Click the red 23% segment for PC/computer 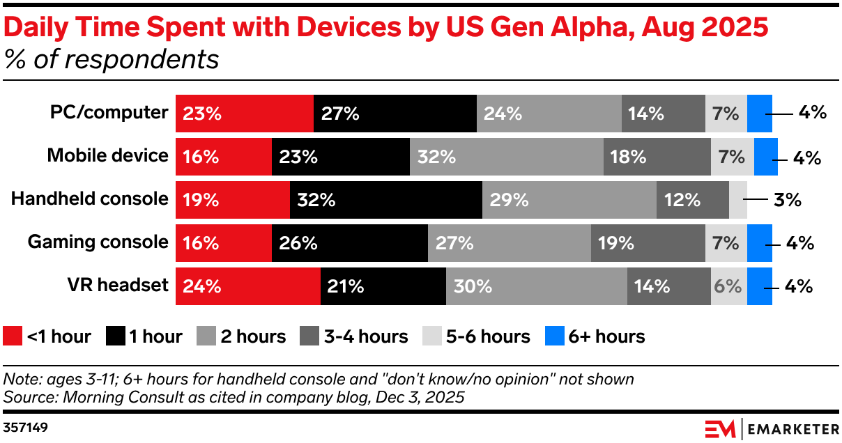(x=244, y=114)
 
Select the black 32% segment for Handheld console (x=385, y=200)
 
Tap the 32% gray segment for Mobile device (x=506, y=157)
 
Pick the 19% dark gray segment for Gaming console (x=648, y=243)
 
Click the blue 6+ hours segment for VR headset (x=759, y=286)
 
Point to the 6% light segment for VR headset (x=728, y=286)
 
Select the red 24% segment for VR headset (x=247, y=286)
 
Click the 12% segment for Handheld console (x=692, y=200)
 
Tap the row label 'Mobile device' (x=107, y=155)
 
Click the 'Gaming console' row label (x=98, y=242)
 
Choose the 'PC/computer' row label (x=109, y=113)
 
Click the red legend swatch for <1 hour (x=13, y=336)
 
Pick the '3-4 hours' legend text (x=365, y=336)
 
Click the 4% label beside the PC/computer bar (x=812, y=113)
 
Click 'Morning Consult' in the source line (x=102, y=397)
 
